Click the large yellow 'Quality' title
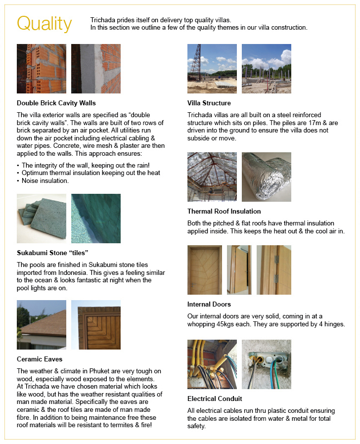tap(44, 24)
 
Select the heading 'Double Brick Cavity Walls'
tap(56, 103)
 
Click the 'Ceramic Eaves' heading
tap(40, 359)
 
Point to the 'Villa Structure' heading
tap(209, 103)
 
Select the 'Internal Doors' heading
tap(209, 304)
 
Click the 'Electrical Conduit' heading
tap(215, 399)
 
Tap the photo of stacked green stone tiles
tap(42, 219)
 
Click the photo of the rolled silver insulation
tap(267, 177)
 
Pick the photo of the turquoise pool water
tap(96, 219)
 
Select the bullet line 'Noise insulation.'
tap(45, 181)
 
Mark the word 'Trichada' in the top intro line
tap(103, 20)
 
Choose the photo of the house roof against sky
tap(42, 325)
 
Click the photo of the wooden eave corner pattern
tap(96, 325)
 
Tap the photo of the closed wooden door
tap(205, 270)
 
